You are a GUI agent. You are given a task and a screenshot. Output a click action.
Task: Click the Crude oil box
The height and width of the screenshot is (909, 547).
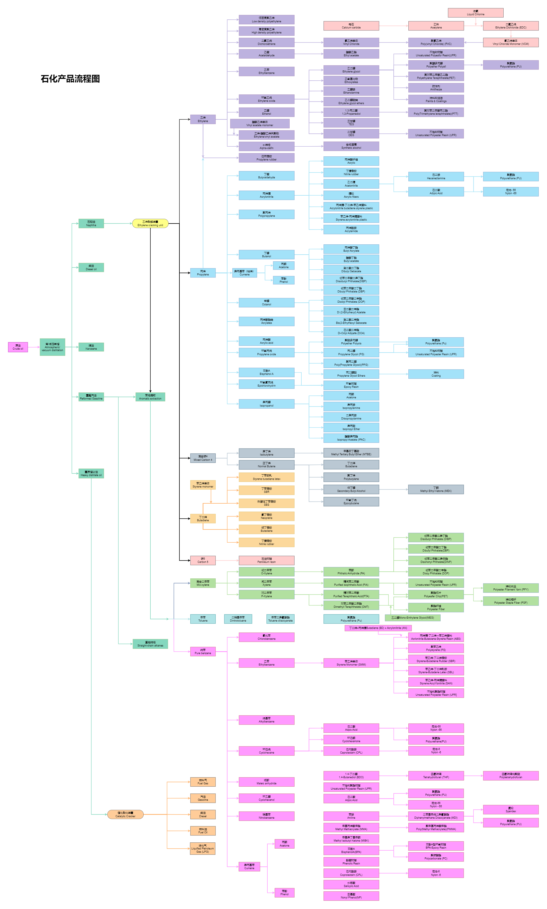pyautogui.click(x=18, y=347)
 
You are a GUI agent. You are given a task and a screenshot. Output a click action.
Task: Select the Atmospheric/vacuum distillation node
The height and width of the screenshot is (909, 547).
pyautogui.click(x=52, y=347)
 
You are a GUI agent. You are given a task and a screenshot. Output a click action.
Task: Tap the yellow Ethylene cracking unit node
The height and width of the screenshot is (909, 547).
pyautogui.click(x=150, y=224)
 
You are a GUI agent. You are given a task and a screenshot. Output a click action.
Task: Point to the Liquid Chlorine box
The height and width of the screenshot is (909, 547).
pyautogui.click(x=475, y=13)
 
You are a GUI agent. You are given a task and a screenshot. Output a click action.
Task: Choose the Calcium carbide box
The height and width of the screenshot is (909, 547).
pyautogui.click(x=351, y=26)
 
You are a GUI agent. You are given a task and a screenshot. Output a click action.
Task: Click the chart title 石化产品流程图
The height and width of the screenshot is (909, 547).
pyautogui.click(x=70, y=79)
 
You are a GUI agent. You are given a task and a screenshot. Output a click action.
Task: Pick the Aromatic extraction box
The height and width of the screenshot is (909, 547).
pyautogui.click(x=150, y=397)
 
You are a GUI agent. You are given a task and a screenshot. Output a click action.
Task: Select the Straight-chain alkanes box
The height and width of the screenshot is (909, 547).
pyautogui.click(x=150, y=644)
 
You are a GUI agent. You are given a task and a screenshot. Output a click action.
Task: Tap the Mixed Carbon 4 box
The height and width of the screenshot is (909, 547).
pyautogui.click(x=203, y=458)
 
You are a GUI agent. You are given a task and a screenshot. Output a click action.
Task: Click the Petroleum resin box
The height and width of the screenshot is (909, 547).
pyautogui.click(x=266, y=560)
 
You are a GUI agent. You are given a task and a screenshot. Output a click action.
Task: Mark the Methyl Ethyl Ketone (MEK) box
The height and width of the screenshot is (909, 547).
pyautogui.click(x=436, y=489)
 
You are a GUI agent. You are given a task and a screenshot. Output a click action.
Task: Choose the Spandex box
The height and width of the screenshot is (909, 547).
pyautogui.click(x=511, y=810)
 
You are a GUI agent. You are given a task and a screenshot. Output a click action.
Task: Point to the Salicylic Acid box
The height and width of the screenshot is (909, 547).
pyautogui.click(x=351, y=884)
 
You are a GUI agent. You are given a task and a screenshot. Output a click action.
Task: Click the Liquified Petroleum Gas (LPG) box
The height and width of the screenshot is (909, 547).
pyautogui.click(x=203, y=848)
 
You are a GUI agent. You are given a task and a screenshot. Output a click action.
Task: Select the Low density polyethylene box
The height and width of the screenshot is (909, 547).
pyautogui.click(x=266, y=20)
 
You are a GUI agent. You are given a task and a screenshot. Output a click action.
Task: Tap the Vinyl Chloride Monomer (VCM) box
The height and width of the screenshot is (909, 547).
pyautogui.click(x=511, y=43)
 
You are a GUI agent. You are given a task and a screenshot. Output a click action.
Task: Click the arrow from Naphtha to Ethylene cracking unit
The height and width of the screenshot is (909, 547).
pyautogui.click(x=118, y=224)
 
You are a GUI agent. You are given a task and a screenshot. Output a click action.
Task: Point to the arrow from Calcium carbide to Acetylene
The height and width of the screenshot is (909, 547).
pyautogui.click(x=393, y=26)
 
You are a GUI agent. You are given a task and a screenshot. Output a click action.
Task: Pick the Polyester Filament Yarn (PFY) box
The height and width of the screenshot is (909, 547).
pyautogui.click(x=511, y=588)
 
